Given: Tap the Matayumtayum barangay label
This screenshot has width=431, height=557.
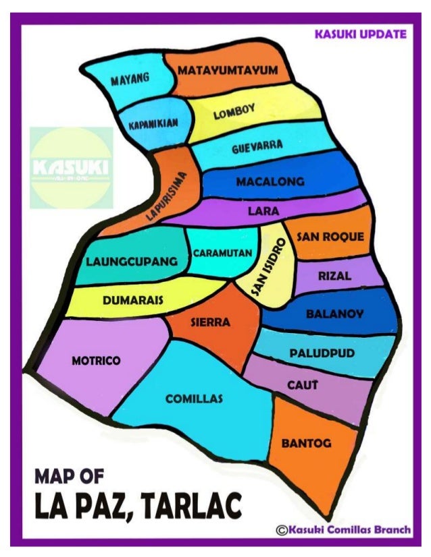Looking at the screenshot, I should tap(228, 70).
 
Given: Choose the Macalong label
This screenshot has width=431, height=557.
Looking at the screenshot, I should tap(270, 182).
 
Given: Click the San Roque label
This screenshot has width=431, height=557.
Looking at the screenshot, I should tap(330, 237).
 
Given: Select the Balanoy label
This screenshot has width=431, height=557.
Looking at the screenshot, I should tap(334, 314).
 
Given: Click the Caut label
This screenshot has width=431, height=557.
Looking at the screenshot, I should tap(302, 384).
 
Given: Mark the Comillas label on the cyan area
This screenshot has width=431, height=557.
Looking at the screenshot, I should tap(194, 399).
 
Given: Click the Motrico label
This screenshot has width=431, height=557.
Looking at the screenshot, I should tap(96, 361).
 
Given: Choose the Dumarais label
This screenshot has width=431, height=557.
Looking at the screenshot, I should tap(132, 300).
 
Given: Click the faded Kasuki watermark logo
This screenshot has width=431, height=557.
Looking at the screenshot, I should tap(72, 167).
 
